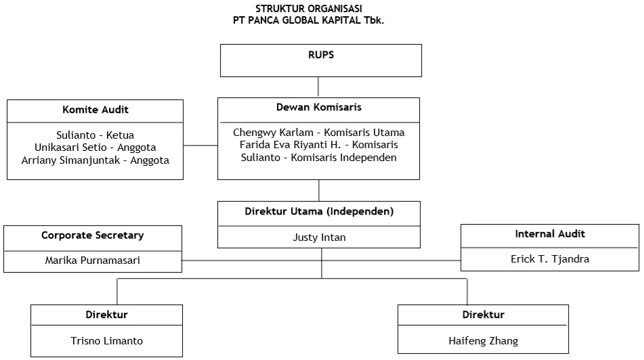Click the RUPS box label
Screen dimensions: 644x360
[321, 55]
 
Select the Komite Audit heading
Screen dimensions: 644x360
[95, 110]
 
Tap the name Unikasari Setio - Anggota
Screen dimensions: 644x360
[95, 148]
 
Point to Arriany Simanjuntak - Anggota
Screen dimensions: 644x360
[95, 160]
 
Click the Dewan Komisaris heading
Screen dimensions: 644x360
[319, 107]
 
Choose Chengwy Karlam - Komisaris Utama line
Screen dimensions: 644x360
[319, 133]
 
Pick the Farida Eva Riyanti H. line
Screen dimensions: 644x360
[319, 145]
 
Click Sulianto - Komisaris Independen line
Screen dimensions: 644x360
[319, 158]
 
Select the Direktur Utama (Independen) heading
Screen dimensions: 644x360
[319, 211]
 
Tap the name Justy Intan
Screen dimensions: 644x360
[319, 238]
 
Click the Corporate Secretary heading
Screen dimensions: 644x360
[92, 235]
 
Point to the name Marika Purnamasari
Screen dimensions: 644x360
[92, 261]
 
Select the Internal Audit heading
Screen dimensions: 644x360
[550, 234]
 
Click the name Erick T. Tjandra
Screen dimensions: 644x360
[550, 259]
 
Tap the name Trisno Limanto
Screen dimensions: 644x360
[107, 340]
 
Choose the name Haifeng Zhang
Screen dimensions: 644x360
[484, 340]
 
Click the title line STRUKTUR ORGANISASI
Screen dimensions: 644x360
[309, 9]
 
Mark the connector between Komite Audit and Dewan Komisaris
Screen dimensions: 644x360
[200, 145]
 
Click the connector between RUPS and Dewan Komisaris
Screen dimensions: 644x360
[318, 87]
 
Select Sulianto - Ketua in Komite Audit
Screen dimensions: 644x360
[95, 135]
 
